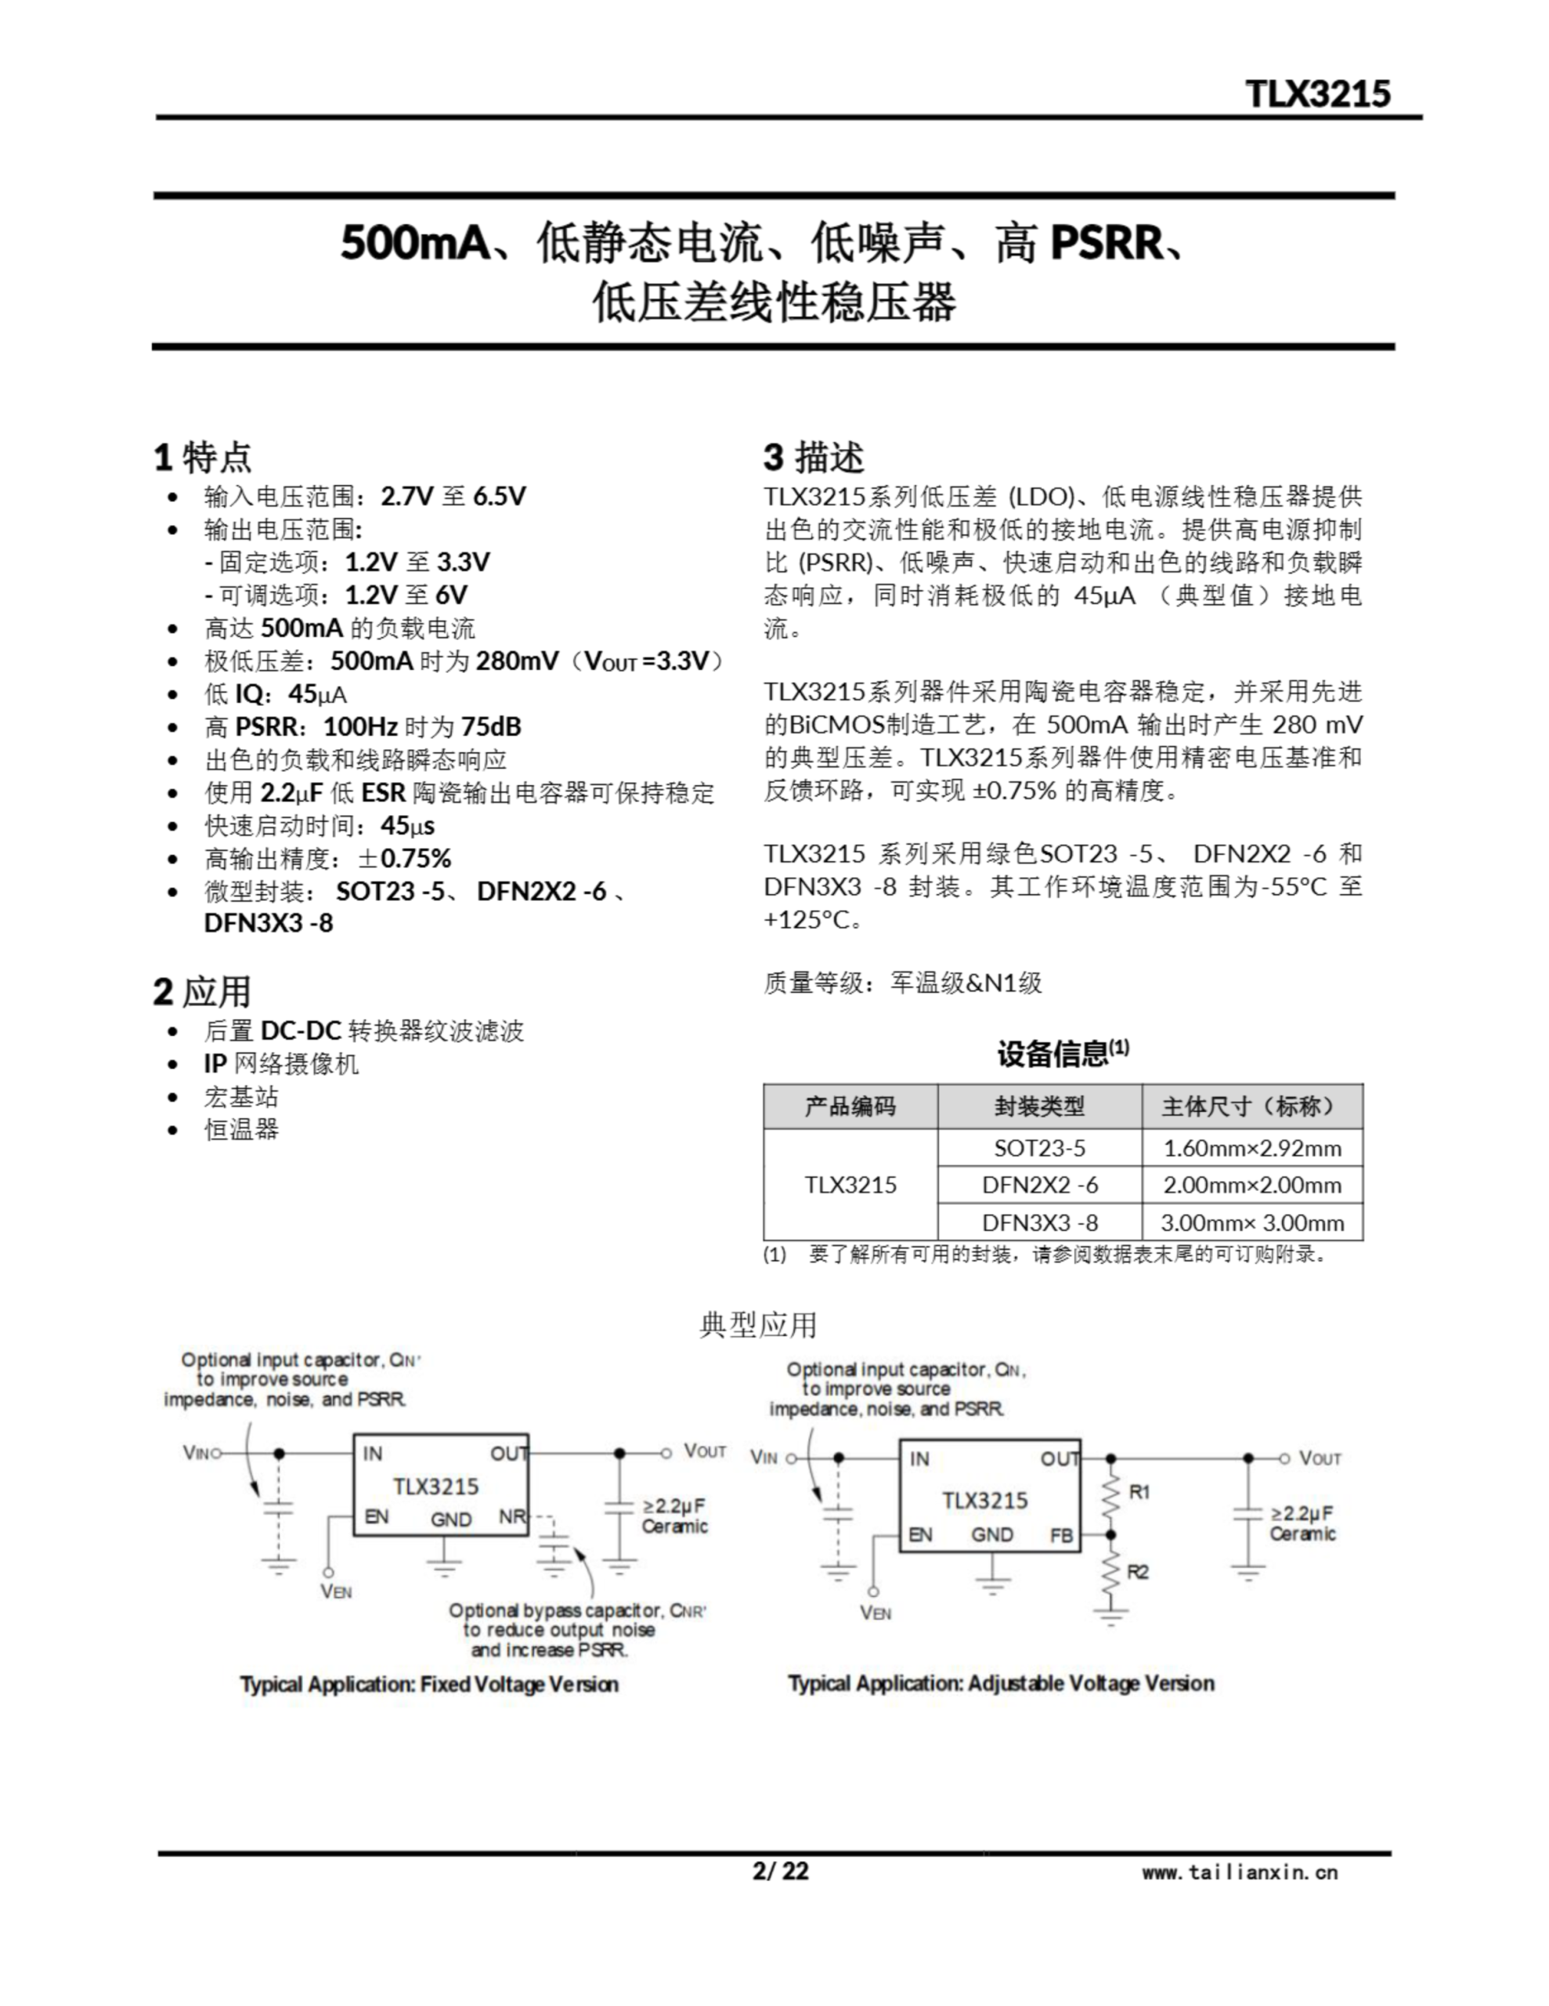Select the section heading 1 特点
(202, 457)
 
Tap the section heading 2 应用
(202, 992)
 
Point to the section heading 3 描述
(814, 457)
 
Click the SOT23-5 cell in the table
(1039, 1148)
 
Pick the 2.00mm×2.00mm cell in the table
(1252, 1185)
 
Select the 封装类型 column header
(1039, 1106)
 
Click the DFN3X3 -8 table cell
(1039, 1222)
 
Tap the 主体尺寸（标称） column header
(1252, 1106)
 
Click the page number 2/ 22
(781, 1871)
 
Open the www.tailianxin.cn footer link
(1240, 1872)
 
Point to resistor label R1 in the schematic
(1139, 1493)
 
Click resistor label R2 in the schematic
(1138, 1572)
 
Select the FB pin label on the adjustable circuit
(1061, 1535)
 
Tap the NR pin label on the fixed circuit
(511, 1516)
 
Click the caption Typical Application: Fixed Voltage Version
(429, 1684)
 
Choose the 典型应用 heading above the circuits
(757, 1324)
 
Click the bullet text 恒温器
(240, 1129)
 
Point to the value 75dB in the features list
(491, 726)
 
